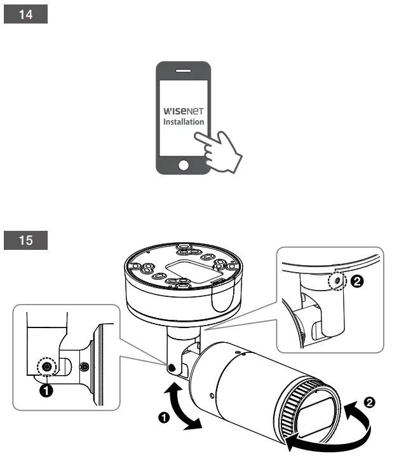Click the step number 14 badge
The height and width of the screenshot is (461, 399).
26,15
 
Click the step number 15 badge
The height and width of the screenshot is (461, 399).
26,241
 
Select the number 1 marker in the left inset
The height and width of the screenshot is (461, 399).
46,391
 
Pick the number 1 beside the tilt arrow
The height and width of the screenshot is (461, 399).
164,418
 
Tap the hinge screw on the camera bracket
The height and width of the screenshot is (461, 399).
172,367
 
